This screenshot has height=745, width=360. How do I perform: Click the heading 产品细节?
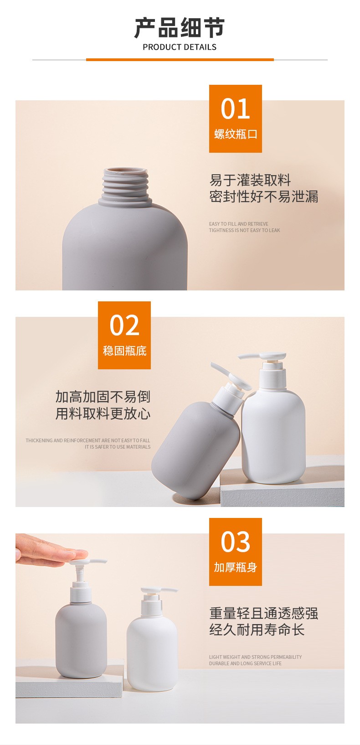pyautogui.click(x=180, y=27)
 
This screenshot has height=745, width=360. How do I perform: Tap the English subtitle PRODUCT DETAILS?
pyautogui.click(x=180, y=47)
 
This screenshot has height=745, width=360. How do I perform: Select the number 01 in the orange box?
pyautogui.click(x=235, y=109)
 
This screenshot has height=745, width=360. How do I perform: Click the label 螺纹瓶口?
pyautogui.click(x=236, y=134)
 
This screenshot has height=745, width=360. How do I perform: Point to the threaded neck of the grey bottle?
pyautogui.click(x=125, y=185)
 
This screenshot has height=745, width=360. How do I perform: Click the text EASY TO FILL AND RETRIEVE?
pyautogui.click(x=239, y=224)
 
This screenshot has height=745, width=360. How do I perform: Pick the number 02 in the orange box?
pyautogui.click(x=124, y=325)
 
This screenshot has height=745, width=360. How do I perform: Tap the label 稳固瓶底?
pyautogui.click(x=125, y=351)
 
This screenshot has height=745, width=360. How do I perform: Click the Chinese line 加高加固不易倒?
pyautogui.click(x=103, y=397)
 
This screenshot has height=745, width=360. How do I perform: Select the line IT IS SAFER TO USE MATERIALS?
pyautogui.click(x=117, y=447)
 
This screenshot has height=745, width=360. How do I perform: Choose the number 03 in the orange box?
pyautogui.click(x=235, y=542)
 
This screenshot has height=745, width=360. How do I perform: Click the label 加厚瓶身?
pyautogui.click(x=236, y=567)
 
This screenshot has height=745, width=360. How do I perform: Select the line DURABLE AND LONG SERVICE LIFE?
pyautogui.click(x=245, y=663)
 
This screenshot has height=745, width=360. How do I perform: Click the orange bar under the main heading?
pyautogui.click(x=180, y=60)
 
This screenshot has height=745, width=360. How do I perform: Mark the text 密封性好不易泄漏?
pyautogui.click(x=263, y=197)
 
